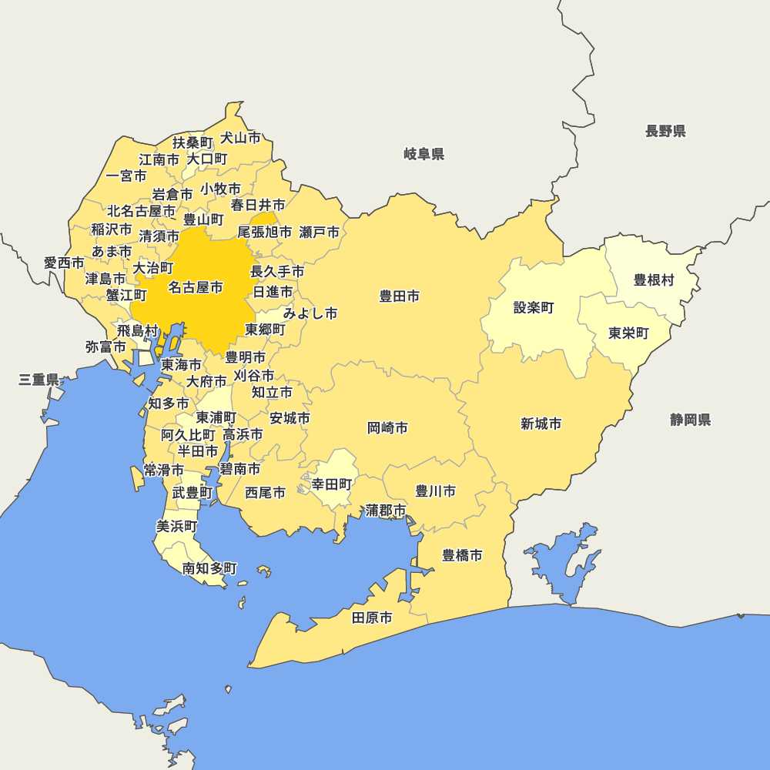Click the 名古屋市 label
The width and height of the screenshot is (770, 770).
tap(196, 287)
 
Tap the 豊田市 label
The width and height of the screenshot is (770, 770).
tap(399, 296)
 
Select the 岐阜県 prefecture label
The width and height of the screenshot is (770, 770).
tap(423, 154)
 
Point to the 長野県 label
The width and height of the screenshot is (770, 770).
tap(665, 131)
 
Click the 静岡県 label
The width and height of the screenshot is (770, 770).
tap(690, 420)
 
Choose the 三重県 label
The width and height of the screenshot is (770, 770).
tap(39, 379)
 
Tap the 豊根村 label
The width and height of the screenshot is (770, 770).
tap(654, 280)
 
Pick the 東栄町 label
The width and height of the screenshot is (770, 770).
tap(628, 333)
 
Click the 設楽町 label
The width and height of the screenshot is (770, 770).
tap(534, 308)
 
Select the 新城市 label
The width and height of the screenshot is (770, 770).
tap(541, 423)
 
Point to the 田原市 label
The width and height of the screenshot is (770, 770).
tap(372, 618)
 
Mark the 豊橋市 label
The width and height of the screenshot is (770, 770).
tap(462, 554)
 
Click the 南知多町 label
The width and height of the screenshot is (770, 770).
tap(209, 568)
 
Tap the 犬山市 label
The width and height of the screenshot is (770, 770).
tap(240, 138)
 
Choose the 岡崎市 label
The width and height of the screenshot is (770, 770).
tap(387, 427)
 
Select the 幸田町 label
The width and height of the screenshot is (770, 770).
tap(332, 484)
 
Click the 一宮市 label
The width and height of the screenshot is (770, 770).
tap(126, 176)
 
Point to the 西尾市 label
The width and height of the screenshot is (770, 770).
tap(265, 492)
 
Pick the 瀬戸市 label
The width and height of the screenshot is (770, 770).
tap(319, 232)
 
